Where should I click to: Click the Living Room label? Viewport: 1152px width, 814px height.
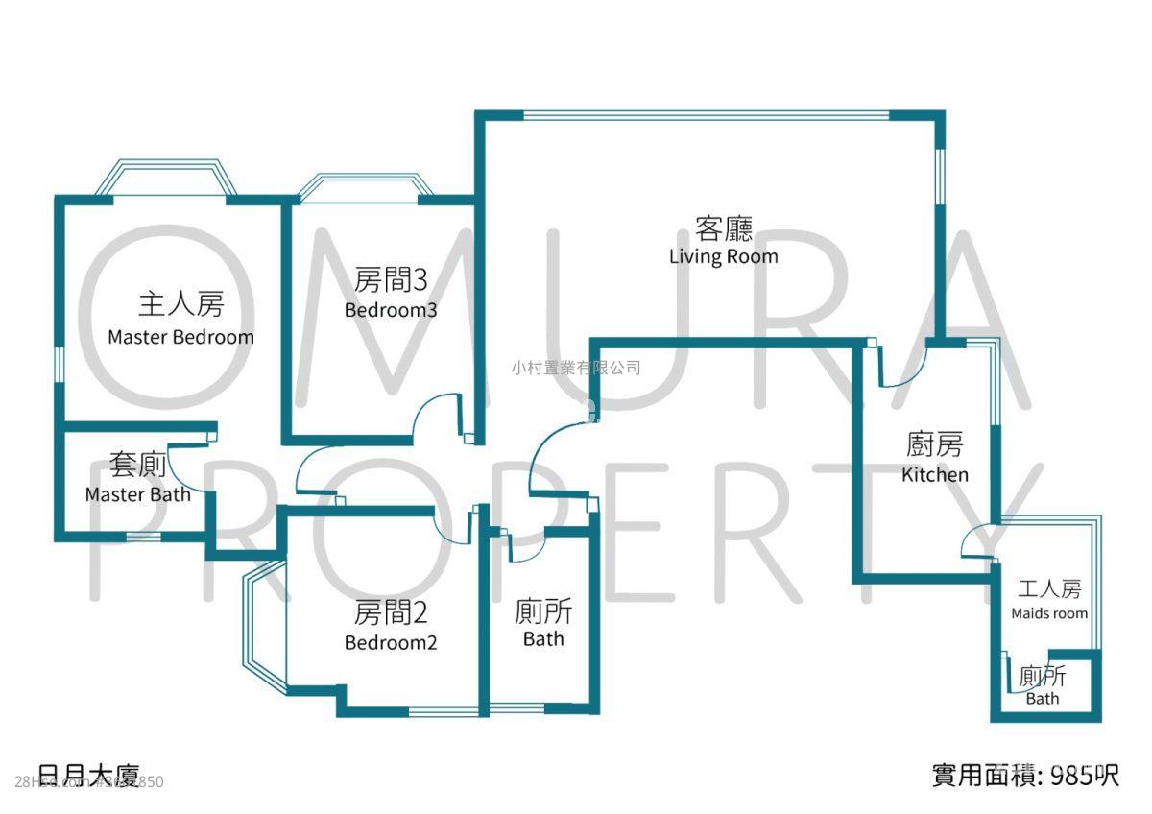click(x=723, y=256)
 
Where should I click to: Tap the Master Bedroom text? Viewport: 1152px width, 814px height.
click(x=180, y=337)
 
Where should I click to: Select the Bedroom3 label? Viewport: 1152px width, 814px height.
click(x=391, y=310)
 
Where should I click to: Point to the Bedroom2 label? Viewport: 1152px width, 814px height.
click(x=391, y=642)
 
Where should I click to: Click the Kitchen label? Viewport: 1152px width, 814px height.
click(x=934, y=474)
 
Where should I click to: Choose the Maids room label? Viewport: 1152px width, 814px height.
click(x=1049, y=613)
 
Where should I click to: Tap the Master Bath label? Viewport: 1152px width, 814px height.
click(x=137, y=494)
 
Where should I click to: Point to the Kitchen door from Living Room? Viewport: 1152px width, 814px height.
click(x=903, y=369)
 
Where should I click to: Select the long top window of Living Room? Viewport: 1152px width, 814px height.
click(x=706, y=115)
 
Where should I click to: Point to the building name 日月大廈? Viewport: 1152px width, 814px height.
click(x=88, y=774)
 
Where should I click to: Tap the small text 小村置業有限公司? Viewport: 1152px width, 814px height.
click(x=576, y=368)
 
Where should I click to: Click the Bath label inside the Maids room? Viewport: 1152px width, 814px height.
click(x=1043, y=698)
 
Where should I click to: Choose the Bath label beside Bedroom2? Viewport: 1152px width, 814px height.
click(x=543, y=638)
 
